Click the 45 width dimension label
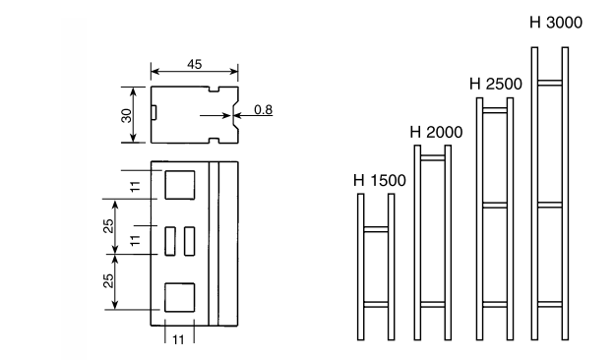(195, 64)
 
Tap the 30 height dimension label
(127, 115)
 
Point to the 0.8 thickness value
(263, 110)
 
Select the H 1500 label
(380, 180)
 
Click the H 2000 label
(436, 132)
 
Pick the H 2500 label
(496, 85)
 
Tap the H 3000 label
(556, 23)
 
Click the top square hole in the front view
(180, 185)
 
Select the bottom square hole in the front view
(180, 297)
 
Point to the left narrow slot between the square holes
(170, 241)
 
